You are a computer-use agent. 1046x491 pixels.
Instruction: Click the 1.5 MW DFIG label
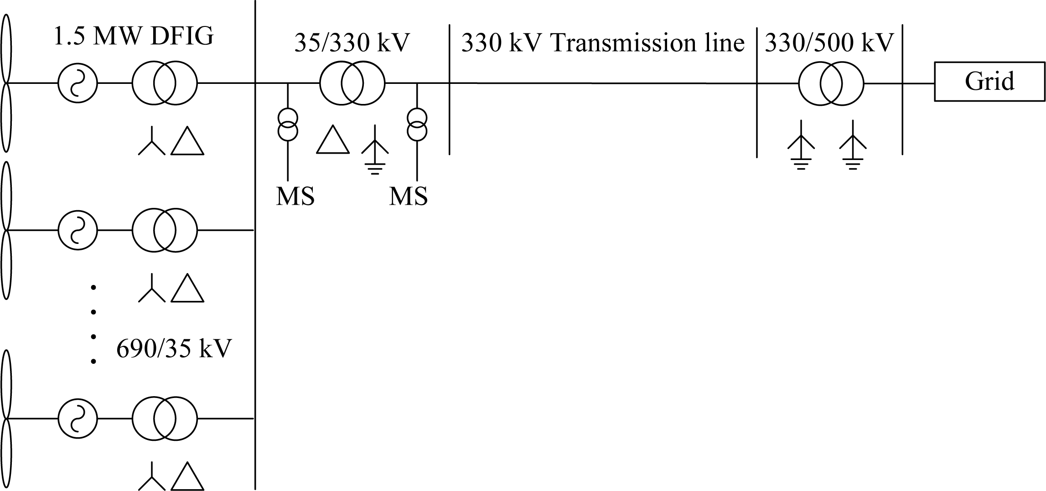pyautogui.click(x=134, y=36)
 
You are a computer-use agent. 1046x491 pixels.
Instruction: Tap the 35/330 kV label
pyautogui.click(x=352, y=43)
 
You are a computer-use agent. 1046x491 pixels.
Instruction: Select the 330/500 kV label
pyautogui.click(x=829, y=43)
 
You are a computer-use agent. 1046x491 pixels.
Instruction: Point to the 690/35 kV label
pyautogui.click(x=174, y=349)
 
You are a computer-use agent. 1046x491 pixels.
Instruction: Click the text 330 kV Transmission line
pyautogui.click(x=603, y=43)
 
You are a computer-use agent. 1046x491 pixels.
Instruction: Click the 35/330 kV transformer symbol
pyautogui.click(x=352, y=84)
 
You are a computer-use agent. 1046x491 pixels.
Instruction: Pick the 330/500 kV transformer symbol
pyautogui.click(x=831, y=84)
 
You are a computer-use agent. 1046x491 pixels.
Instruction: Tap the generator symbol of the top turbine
pyautogui.click(x=78, y=84)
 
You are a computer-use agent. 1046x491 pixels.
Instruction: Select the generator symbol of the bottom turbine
pyautogui.click(x=78, y=419)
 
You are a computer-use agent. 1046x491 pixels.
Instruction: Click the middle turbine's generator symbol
pyautogui.click(x=78, y=230)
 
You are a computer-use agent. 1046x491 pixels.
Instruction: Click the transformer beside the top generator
pyautogui.click(x=165, y=84)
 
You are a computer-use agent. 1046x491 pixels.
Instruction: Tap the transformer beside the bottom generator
pyautogui.click(x=165, y=419)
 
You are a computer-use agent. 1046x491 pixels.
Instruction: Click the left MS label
pyautogui.click(x=295, y=197)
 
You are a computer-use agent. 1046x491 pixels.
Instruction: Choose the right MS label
pyautogui.click(x=408, y=197)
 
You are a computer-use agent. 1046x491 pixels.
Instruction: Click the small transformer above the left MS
pyautogui.click(x=288, y=125)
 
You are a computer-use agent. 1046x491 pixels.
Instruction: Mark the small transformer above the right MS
pyautogui.click(x=417, y=125)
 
